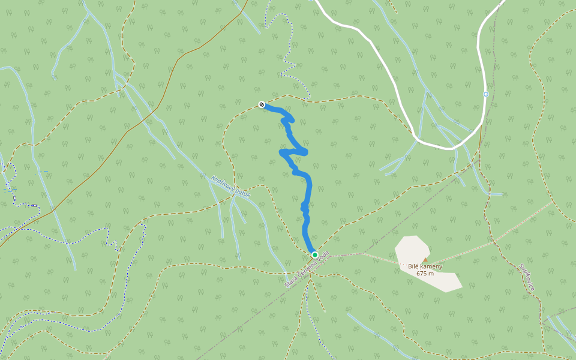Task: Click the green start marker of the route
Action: pyautogui.click(x=314, y=254)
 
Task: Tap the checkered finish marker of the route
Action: pyautogui.click(x=262, y=104)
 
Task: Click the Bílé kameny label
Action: pyautogui.click(x=425, y=266)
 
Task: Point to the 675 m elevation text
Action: pyautogui.click(x=425, y=274)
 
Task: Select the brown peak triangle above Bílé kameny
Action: pyautogui.click(x=425, y=260)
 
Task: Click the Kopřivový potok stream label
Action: pyautogui.click(x=230, y=186)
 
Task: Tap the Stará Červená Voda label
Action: pyautogui.click(x=307, y=269)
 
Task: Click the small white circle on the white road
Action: pyautogui.click(x=486, y=94)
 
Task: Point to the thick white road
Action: pyautogui.click(x=384, y=60)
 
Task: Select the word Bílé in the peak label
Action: pyautogui.click(x=413, y=266)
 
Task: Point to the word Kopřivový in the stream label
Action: pyautogui.click(x=223, y=182)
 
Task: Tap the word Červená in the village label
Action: pyautogui.click(x=307, y=269)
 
